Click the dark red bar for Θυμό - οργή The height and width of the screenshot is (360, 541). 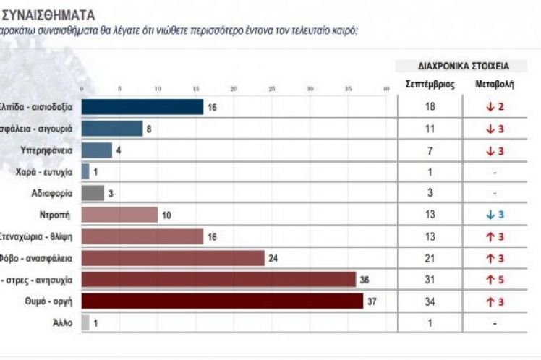pyautogui.click(x=222, y=301)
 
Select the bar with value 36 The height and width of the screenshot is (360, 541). pyautogui.click(x=218, y=279)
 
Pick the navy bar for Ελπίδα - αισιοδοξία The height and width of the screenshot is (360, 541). pyautogui.click(x=142, y=107)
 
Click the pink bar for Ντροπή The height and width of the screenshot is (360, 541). pyautogui.click(x=119, y=215)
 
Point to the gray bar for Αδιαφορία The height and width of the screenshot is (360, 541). pyautogui.click(x=93, y=193)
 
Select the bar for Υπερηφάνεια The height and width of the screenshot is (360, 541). pyautogui.click(x=96, y=150)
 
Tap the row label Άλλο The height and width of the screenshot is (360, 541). pyautogui.click(x=62, y=322)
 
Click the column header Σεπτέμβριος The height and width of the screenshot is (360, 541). pyautogui.click(x=430, y=84)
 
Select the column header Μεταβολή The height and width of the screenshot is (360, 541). pyautogui.click(x=494, y=84)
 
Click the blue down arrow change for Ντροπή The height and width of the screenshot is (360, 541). pyautogui.click(x=494, y=215)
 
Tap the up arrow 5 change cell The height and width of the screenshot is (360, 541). pyautogui.click(x=494, y=279)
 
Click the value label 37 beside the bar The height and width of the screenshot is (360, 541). pyautogui.click(x=373, y=301)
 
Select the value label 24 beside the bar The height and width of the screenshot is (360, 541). pyautogui.click(x=273, y=258)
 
